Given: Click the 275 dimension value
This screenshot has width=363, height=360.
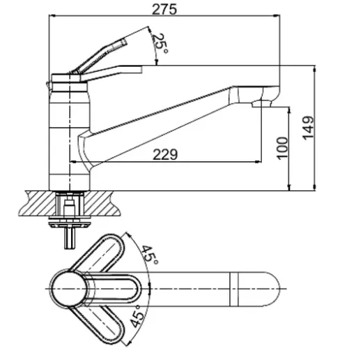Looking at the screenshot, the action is [x=164, y=9].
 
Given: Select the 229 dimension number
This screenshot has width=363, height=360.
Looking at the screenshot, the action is [x=165, y=154].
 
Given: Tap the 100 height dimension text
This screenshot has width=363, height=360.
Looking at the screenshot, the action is [x=283, y=148].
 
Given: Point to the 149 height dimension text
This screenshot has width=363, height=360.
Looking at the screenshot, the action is [x=308, y=128].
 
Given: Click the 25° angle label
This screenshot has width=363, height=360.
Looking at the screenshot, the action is [x=160, y=43].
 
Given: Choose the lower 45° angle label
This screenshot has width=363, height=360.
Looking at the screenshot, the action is [x=135, y=316].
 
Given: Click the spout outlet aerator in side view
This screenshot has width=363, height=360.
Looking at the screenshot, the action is [x=261, y=104].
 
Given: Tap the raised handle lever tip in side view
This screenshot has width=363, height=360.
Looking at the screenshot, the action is [x=124, y=42].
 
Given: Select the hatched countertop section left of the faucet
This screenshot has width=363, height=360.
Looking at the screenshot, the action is [x=38, y=204].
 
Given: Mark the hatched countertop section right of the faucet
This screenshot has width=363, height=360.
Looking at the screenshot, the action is [x=102, y=204].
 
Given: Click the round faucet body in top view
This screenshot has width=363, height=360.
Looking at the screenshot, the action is [x=69, y=289].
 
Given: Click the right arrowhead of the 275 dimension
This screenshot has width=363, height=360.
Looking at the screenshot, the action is [x=277, y=16].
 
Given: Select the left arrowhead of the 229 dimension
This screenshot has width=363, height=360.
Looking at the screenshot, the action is [x=73, y=161].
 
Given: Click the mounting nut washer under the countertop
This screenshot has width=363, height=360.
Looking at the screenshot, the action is [x=69, y=222].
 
